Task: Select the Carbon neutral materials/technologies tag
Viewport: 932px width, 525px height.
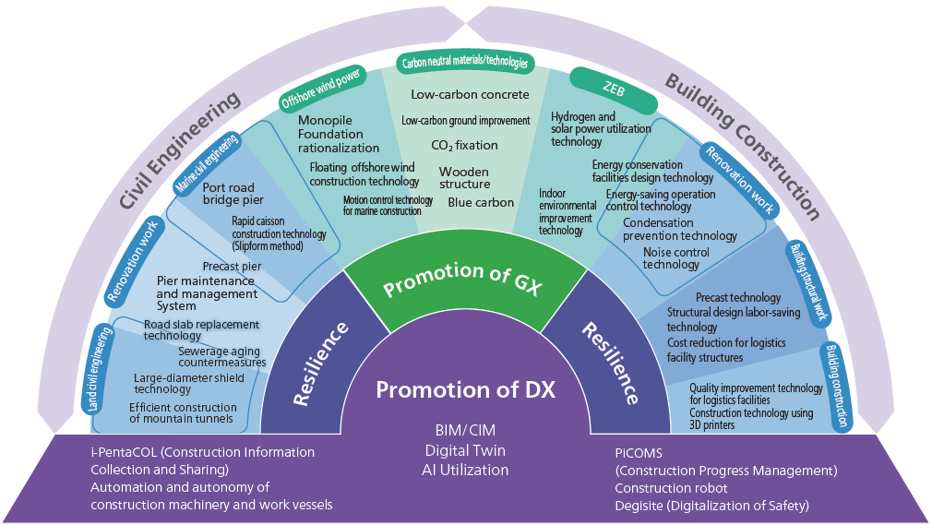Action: (466, 63)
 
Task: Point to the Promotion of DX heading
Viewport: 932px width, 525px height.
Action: (465, 389)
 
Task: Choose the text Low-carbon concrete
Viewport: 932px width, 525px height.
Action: (470, 94)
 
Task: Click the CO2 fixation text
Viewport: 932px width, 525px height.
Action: (464, 145)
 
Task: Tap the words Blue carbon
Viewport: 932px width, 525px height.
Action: (481, 203)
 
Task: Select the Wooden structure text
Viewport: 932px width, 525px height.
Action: (464, 178)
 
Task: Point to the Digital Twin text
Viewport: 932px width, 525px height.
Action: (465, 450)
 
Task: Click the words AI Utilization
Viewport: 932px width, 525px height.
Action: (465, 470)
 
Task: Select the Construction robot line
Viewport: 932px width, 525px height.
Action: (671, 488)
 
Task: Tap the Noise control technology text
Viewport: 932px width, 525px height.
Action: (676, 258)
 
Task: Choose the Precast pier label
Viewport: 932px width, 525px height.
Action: (232, 267)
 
